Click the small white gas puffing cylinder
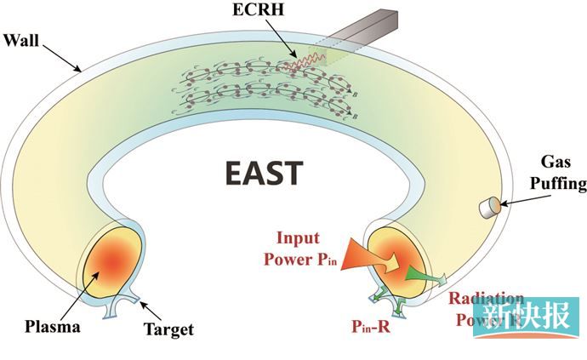490,206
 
